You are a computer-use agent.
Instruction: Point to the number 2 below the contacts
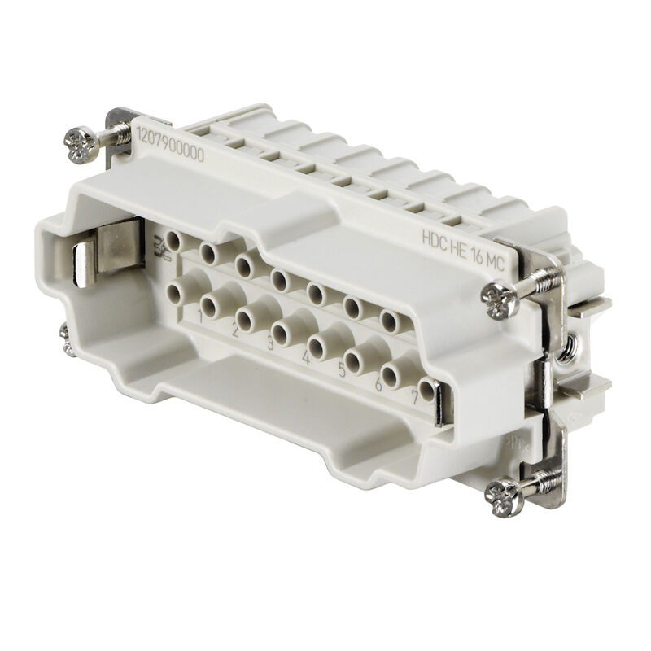pyautogui.click(x=234, y=330)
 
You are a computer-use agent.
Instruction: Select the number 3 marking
pyautogui.click(x=270, y=345)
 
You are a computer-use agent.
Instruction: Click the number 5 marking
pyautogui.click(x=343, y=370)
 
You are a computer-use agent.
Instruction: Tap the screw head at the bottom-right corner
pyautogui.click(x=502, y=492)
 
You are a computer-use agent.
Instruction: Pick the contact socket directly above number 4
pyautogui.click(x=282, y=330)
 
